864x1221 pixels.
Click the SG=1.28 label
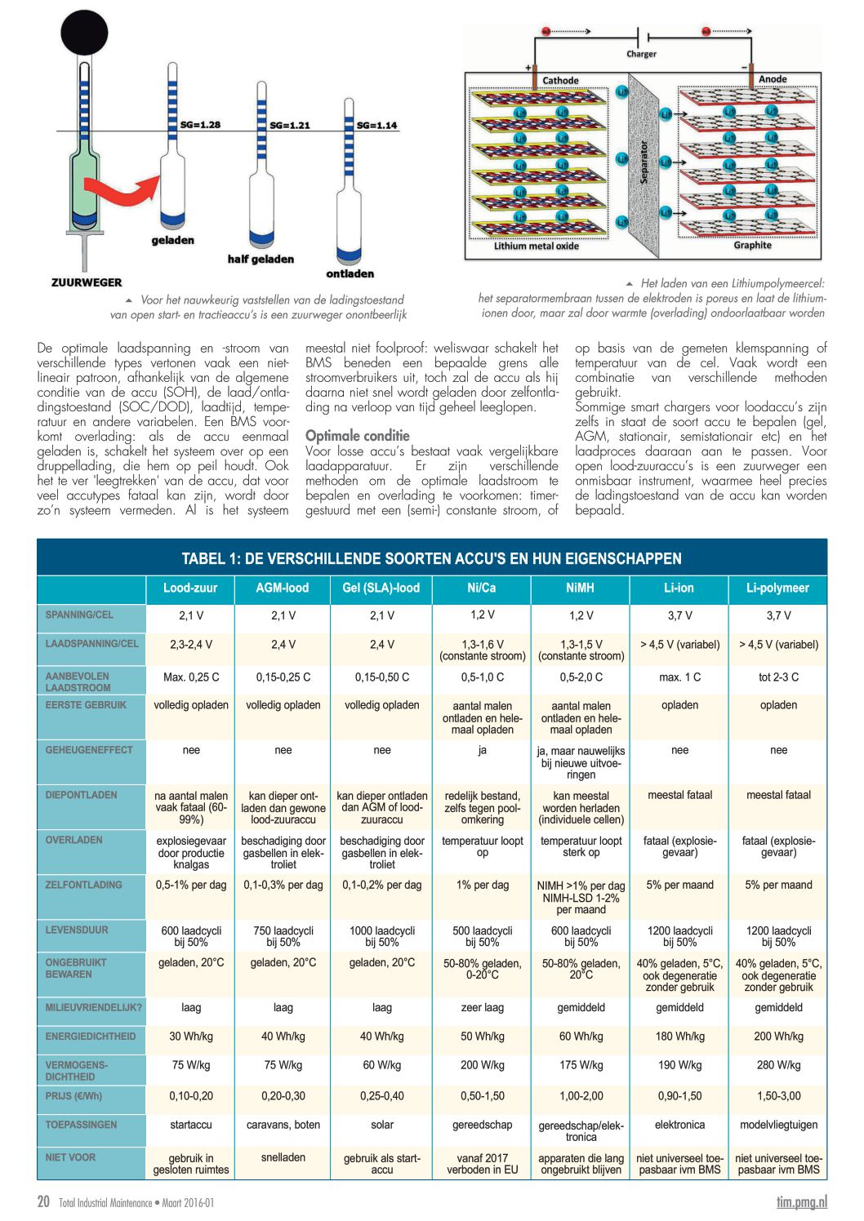click(x=200, y=125)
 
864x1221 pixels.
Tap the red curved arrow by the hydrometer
click(x=122, y=193)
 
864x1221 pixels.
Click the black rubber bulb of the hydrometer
click(x=84, y=33)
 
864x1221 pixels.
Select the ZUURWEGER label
click(x=87, y=282)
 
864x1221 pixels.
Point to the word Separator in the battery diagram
click(x=644, y=162)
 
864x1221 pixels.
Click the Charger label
click(x=641, y=54)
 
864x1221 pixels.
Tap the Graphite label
click(x=752, y=245)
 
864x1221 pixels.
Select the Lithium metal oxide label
click(x=536, y=246)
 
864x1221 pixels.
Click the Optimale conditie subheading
click(x=357, y=435)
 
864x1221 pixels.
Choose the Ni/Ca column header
click(x=482, y=588)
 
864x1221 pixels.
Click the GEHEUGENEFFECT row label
click(x=89, y=749)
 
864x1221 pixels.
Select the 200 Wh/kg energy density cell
click(x=778, y=1037)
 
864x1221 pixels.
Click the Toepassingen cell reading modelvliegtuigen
click(x=778, y=1125)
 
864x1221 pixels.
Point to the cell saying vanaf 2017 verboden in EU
click(x=482, y=1163)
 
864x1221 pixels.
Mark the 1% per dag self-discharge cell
click(x=482, y=885)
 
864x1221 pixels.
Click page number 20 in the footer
click(x=43, y=1201)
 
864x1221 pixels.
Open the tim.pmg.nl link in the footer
click(x=801, y=1201)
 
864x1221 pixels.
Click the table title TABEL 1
click(x=431, y=558)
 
